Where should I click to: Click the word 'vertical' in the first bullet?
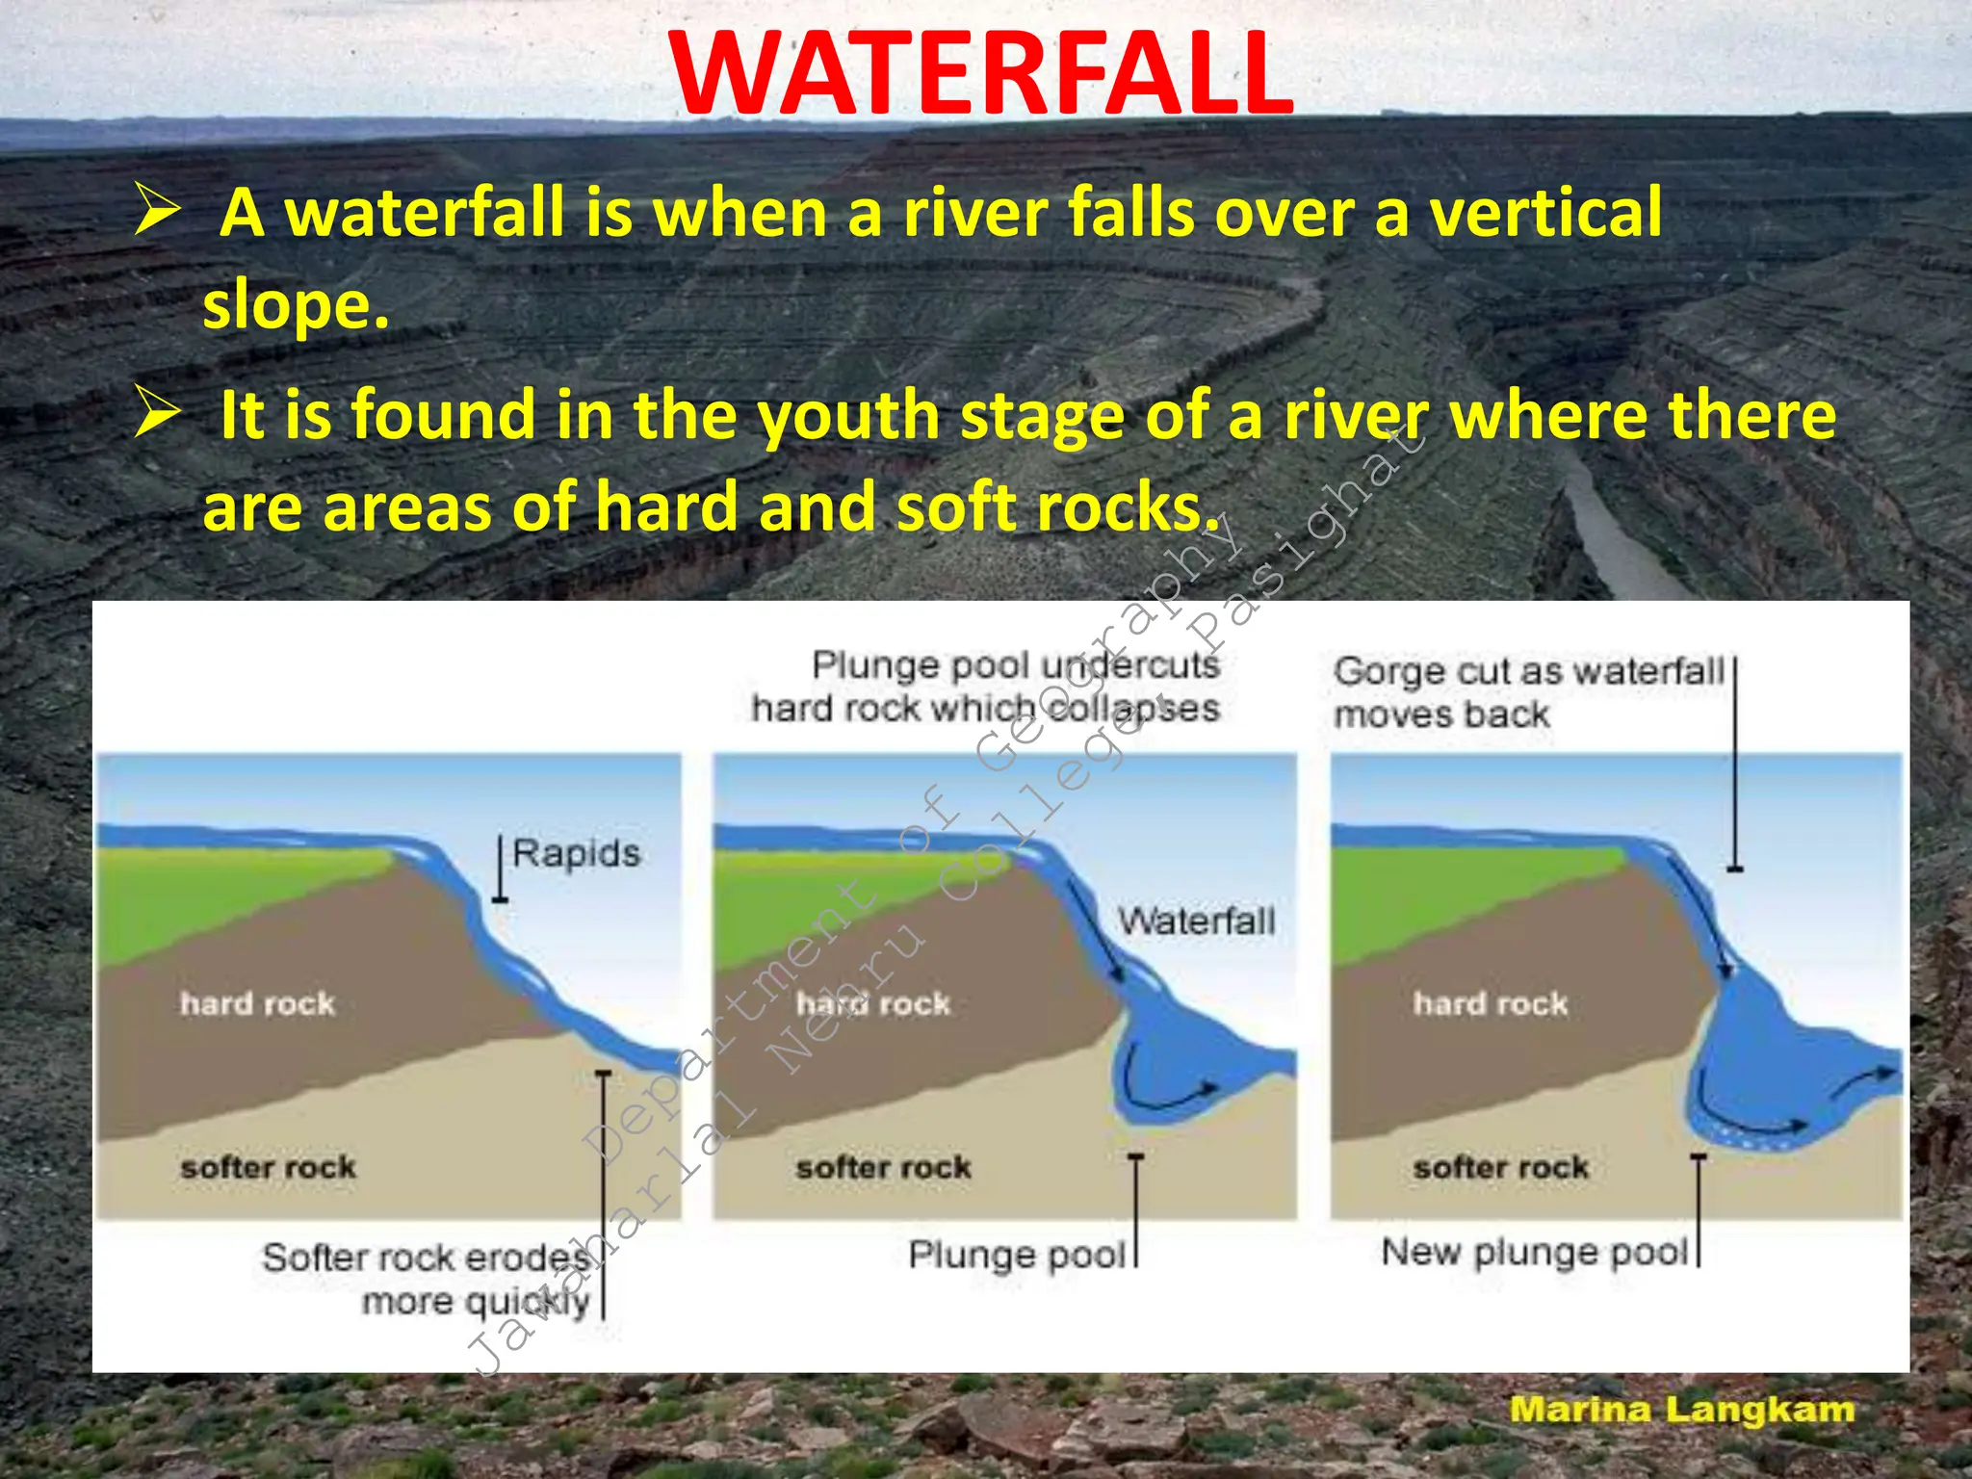pos(1544,214)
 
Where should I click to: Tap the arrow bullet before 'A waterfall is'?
pos(157,212)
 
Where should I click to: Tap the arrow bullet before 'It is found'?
pos(157,414)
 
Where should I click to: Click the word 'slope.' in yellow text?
pos(296,306)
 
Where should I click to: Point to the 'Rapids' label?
pos(576,854)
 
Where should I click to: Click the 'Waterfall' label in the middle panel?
pos(1196,921)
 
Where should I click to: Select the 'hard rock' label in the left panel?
pos(257,1004)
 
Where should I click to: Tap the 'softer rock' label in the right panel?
pos(1500,1168)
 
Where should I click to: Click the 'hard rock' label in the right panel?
pos(1491,1004)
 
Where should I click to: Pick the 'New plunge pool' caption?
pos(1535,1252)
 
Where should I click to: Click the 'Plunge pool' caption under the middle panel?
pos(1017,1255)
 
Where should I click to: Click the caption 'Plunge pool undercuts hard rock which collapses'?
pos(987,687)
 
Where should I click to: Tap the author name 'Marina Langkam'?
pos(1681,1410)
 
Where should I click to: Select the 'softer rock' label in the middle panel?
pos(883,1168)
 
